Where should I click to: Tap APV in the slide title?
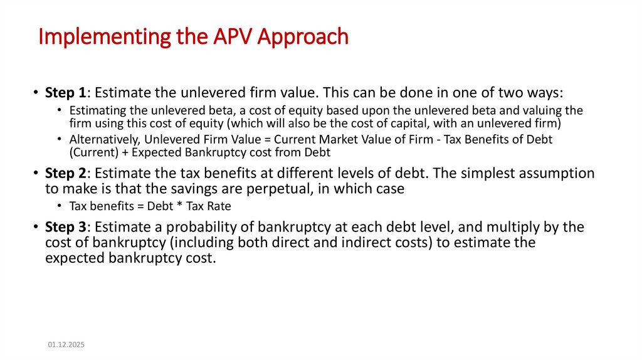pyautogui.click(x=229, y=38)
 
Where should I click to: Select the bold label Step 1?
pyautogui.click(x=65, y=93)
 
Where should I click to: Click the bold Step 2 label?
pyautogui.click(x=65, y=173)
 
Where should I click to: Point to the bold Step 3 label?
pyautogui.click(x=65, y=226)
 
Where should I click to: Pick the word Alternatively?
pyautogui.click(x=98, y=139)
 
